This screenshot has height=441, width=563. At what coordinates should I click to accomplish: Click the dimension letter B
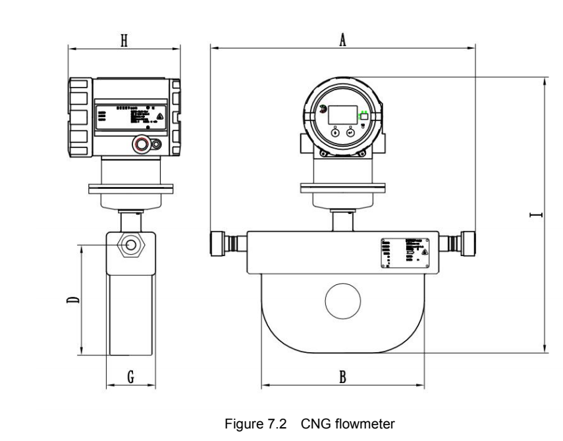(x=342, y=376)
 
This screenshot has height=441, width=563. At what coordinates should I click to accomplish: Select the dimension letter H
(x=123, y=41)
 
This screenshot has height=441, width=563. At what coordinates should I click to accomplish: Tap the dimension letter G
(x=130, y=376)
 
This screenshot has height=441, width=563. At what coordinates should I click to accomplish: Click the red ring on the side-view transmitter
(x=140, y=144)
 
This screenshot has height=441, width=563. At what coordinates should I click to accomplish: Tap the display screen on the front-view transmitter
(x=342, y=115)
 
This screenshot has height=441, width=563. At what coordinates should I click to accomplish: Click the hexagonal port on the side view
(x=131, y=245)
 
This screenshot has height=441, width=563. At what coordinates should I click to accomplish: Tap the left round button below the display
(x=335, y=132)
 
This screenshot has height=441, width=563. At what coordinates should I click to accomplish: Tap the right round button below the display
(x=350, y=132)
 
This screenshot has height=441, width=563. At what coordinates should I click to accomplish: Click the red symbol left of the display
(x=321, y=111)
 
